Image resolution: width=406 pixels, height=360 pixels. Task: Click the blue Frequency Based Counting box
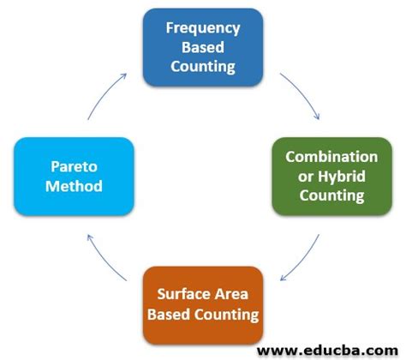click(x=203, y=47)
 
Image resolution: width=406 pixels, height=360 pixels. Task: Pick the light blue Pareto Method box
click(x=75, y=176)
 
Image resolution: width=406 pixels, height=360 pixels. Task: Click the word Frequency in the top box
click(x=203, y=28)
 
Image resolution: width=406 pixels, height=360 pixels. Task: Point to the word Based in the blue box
click(x=203, y=47)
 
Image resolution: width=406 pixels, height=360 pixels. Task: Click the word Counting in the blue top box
click(x=203, y=66)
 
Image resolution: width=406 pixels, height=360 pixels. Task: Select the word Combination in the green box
click(x=331, y=157)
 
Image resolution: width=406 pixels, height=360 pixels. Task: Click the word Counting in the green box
click(x=331, y=195)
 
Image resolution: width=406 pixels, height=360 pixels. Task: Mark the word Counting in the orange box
click(x=226, y=314)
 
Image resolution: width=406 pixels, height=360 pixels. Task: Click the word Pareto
click(x=75, y=166)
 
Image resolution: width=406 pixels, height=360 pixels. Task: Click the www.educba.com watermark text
click(x=329, y=348)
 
